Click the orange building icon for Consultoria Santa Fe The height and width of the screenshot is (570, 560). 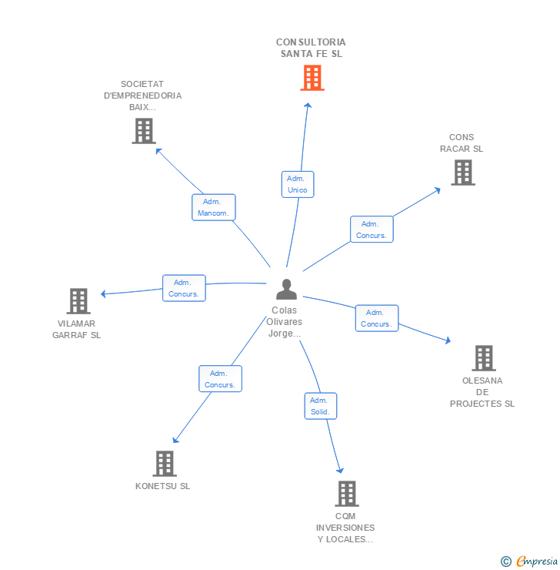312,78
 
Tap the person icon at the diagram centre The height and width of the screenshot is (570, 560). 286,290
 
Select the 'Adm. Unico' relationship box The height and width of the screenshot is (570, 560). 298,184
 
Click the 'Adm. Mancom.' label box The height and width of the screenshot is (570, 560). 213,207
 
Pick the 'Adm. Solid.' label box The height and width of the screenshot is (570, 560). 321,406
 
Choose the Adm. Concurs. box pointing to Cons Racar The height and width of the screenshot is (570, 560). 372,230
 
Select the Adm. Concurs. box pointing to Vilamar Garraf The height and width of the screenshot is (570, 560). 184,288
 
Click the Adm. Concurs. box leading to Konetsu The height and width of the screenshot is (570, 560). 220,379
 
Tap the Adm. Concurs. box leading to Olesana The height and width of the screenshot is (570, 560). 377,318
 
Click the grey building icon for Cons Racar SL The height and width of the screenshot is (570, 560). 463,173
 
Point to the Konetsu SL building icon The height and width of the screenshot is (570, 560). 165,464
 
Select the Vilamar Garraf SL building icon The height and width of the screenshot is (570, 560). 78,301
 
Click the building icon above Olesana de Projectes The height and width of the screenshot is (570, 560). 484,358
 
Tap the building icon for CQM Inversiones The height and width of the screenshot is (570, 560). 347,494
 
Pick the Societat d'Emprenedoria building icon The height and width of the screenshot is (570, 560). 144,131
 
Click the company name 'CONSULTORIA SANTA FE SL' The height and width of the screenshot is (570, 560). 311,48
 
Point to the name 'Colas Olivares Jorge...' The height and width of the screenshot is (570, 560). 285,322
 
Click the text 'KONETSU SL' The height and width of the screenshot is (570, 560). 162,486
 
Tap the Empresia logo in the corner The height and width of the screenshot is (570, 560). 529,562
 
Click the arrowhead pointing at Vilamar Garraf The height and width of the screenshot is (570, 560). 103,293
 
